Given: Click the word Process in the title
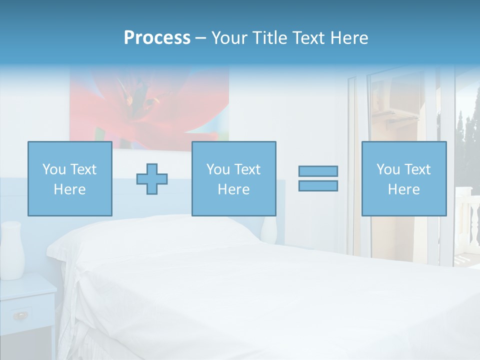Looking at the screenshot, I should tap(157, 38).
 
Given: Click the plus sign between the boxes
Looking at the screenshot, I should tap(152, 179).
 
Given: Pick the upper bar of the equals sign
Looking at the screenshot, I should tap(318, 171).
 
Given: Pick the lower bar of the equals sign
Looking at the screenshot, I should tap(318, 185).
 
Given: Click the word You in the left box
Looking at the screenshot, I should tap(54, 169).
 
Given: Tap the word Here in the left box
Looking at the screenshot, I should tap(69, 189).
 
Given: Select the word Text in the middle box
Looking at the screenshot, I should tap(247, 169).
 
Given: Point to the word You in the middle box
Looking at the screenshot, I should tap(218, 169).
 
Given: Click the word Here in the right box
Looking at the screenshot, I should tap(403, 189).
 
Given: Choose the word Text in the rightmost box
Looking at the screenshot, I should tap(417, 169).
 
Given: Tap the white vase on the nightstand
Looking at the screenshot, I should tap(12, 250).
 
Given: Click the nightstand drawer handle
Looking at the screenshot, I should tap(21, 315).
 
